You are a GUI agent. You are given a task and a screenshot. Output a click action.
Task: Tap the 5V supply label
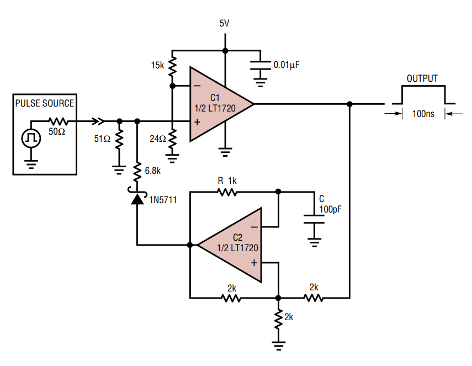[x=225, y=24]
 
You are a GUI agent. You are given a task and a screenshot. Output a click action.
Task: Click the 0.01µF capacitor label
[x=287, y=65]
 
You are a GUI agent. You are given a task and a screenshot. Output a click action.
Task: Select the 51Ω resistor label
[x=103, y=139]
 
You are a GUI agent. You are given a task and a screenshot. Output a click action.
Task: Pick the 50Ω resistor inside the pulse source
[x=57, y=121]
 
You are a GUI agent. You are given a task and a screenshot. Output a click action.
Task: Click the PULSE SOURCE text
[x=45, y=103]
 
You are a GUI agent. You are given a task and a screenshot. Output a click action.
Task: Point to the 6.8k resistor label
[x=153, y=171]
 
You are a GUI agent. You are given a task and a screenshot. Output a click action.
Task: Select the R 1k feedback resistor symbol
[x=227, y=192]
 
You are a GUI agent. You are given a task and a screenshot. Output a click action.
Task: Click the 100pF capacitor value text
[x=330, y=209]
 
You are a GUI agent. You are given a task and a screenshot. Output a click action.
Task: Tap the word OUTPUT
[x=422, y=79]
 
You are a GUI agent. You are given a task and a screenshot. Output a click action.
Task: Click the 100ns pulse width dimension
[x=423, y=114]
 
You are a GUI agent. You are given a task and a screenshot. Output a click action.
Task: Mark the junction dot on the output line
[x=349, y=104]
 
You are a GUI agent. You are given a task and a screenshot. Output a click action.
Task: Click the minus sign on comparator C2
[x=254, y=226]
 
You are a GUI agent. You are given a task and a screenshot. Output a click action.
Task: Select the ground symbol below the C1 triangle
[x=225, y=150]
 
